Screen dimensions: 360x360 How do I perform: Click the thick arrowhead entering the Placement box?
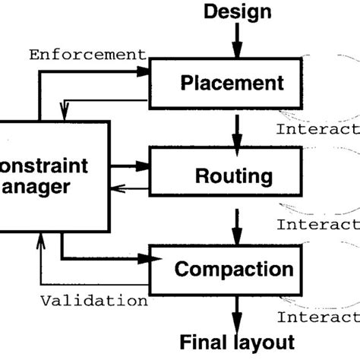click(145, 70)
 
